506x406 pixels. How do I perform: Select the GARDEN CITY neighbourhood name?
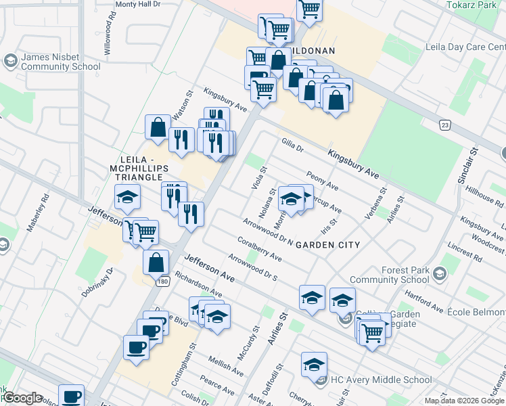click(x=326, y=244)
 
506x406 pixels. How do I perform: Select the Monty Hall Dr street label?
click(x=137, y=4)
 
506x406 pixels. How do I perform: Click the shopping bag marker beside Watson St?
click(x=158, y=127)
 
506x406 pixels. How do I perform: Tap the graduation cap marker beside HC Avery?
click(x=314, y=365)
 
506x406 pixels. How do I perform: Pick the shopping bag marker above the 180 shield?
click(x=156, y=263)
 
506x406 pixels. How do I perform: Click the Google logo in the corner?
click(x=22, y=399)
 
